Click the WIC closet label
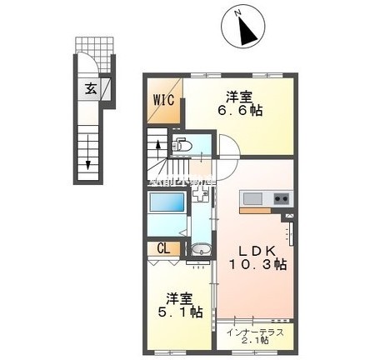[163, 102]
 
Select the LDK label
[249, 250]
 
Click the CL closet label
[164, 248]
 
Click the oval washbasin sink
[198, 252]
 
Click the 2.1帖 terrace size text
[257, 341]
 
